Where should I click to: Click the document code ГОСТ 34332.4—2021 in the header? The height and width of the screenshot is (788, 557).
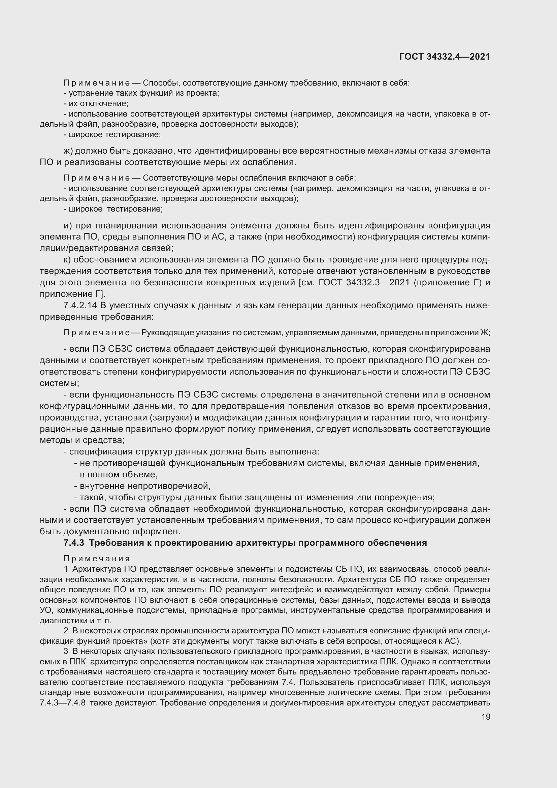(445, 57)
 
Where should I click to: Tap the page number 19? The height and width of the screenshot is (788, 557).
(486, 717)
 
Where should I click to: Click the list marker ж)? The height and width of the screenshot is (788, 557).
(68, 151)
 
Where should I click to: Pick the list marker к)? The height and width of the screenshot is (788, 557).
(67, 260)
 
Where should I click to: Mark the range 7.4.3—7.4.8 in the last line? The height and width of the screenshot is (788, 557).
(62, 702)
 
